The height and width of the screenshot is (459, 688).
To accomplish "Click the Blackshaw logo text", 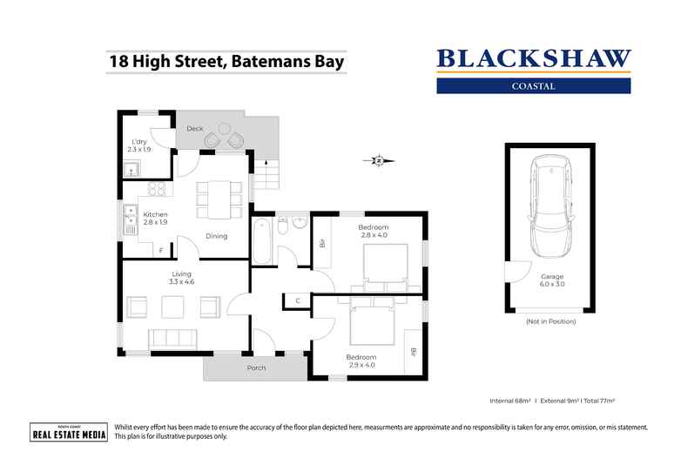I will (532, 59).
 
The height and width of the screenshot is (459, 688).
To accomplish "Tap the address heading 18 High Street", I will (226, 62).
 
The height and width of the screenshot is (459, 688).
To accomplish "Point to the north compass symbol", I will (379, 160).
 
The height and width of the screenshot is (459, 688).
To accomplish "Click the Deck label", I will (195, 128).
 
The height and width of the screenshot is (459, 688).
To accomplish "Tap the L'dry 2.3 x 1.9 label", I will (139, 145).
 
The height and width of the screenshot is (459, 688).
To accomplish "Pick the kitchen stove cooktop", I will (158, 189).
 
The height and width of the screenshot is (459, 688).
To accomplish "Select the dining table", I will (214, 199).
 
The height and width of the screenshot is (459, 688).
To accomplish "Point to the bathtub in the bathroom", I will (262, 242).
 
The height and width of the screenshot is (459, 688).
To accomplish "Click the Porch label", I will (255, 368).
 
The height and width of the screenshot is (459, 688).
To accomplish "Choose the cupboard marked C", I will (297, 301).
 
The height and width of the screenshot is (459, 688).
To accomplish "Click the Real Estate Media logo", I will (69, 432).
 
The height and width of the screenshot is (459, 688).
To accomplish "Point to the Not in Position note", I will (551, 322).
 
